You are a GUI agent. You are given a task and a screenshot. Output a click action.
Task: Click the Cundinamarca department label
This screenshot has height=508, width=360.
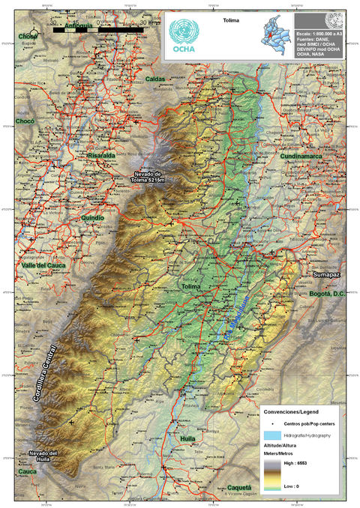pos(301,157)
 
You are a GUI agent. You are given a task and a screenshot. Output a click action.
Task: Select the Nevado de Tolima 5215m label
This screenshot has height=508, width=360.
pos(145,177)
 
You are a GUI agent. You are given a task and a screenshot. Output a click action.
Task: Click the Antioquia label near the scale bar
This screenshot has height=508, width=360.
pos(78,26)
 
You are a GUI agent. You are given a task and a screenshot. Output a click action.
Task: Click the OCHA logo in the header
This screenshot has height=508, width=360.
pos(184,37)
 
